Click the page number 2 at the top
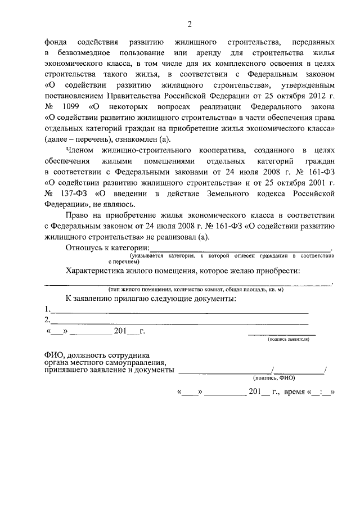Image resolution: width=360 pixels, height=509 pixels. click(x=190, y=24)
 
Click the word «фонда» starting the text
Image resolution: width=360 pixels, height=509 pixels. click(x=57, y=43)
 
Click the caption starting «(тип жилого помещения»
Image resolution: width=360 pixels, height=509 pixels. click(x=196, y=289)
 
